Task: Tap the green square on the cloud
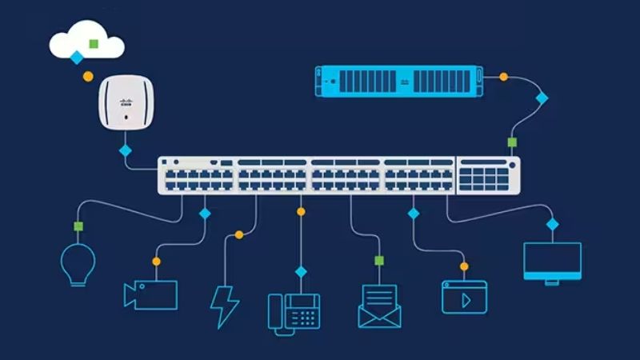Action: click(x=94, y=42)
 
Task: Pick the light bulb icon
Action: click(x=78, y=265)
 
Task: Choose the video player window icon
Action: click(x=464, y=296)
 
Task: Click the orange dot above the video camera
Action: click(x=156, y=261)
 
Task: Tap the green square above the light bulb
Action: click(x=78, y=226)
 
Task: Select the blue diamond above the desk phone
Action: click(x=301, y=272)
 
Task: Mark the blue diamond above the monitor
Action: click(x=552, y=224)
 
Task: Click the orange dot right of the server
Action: click(x=503, y=77)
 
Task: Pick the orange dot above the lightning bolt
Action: click(x=238, y=234)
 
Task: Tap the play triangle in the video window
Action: click(x=465, y=299)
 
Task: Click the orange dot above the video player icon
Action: click(x=464, y=266)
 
